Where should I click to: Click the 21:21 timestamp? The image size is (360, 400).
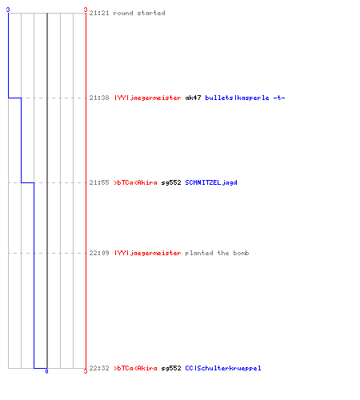tap(99, 13)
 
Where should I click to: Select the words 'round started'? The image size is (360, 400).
tap(139, 13)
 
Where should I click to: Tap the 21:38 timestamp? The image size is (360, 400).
tap(99, 98)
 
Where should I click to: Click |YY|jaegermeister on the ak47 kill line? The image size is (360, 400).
tap(148, 98)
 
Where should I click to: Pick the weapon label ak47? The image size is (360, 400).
tap(193, 98)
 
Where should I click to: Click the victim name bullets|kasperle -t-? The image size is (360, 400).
tap(245, 98)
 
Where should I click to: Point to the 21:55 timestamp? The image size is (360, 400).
tap(99, 182)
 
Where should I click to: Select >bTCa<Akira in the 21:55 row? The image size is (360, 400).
tap(136, 182)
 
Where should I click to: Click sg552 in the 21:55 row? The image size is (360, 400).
tap(171, 183)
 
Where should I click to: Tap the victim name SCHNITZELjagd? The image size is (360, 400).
tap(211, 182)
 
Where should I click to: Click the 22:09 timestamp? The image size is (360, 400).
tap(99, 253)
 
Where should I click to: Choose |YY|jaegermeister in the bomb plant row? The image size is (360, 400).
tap(148, 253)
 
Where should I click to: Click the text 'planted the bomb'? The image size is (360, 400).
tap(217, 253)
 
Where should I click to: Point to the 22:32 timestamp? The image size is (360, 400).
tap(99, 368)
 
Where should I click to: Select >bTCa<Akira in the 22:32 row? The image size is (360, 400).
tap(136, 368)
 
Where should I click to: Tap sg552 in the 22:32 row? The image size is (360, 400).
tap(171, 369)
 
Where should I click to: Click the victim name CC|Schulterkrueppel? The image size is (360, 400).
tap(223, 368)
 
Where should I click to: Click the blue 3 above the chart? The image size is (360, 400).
tap(8, 10)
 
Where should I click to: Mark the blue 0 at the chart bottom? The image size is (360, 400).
tap(46, 371)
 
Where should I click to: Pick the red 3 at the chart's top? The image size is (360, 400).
tap(86, 10)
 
